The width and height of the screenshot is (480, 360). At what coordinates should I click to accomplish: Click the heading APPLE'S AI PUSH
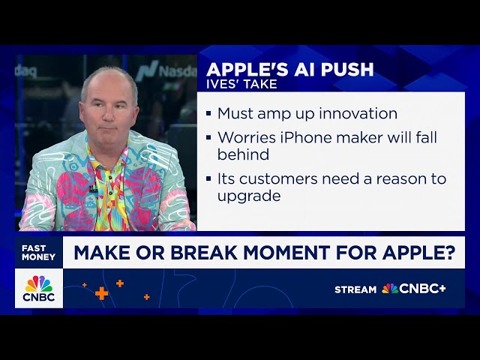[289, 70]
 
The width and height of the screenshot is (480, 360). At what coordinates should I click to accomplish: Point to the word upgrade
[249, 196]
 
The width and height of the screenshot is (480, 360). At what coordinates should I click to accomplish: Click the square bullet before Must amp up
[209, 115]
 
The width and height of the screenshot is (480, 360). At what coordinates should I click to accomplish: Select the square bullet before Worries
[209, 139]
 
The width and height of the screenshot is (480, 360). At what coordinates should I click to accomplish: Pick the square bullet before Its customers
[209, 180]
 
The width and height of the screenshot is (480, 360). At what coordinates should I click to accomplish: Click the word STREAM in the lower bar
[355, 289]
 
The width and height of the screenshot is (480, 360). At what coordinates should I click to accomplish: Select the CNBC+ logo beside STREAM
[414, 289]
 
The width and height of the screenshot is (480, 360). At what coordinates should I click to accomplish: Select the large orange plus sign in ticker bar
[101, 293]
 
